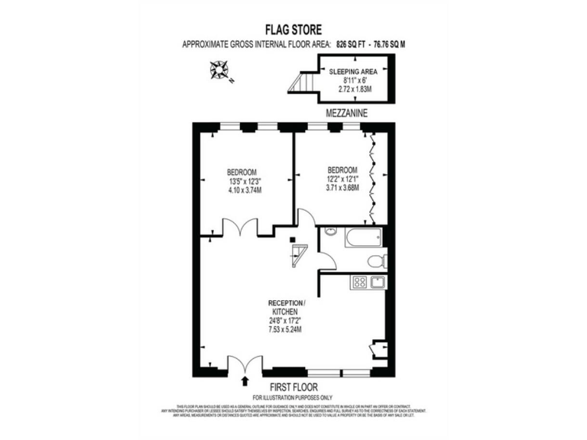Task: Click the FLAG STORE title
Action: pos(293,31)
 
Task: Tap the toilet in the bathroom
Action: pos(375,261)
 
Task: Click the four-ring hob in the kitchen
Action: pos(358,283)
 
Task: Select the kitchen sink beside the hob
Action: pos(377,283)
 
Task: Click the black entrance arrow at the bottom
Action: pos(245,380)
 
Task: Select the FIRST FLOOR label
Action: pos(293,387)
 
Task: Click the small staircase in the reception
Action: pos(297,253)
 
